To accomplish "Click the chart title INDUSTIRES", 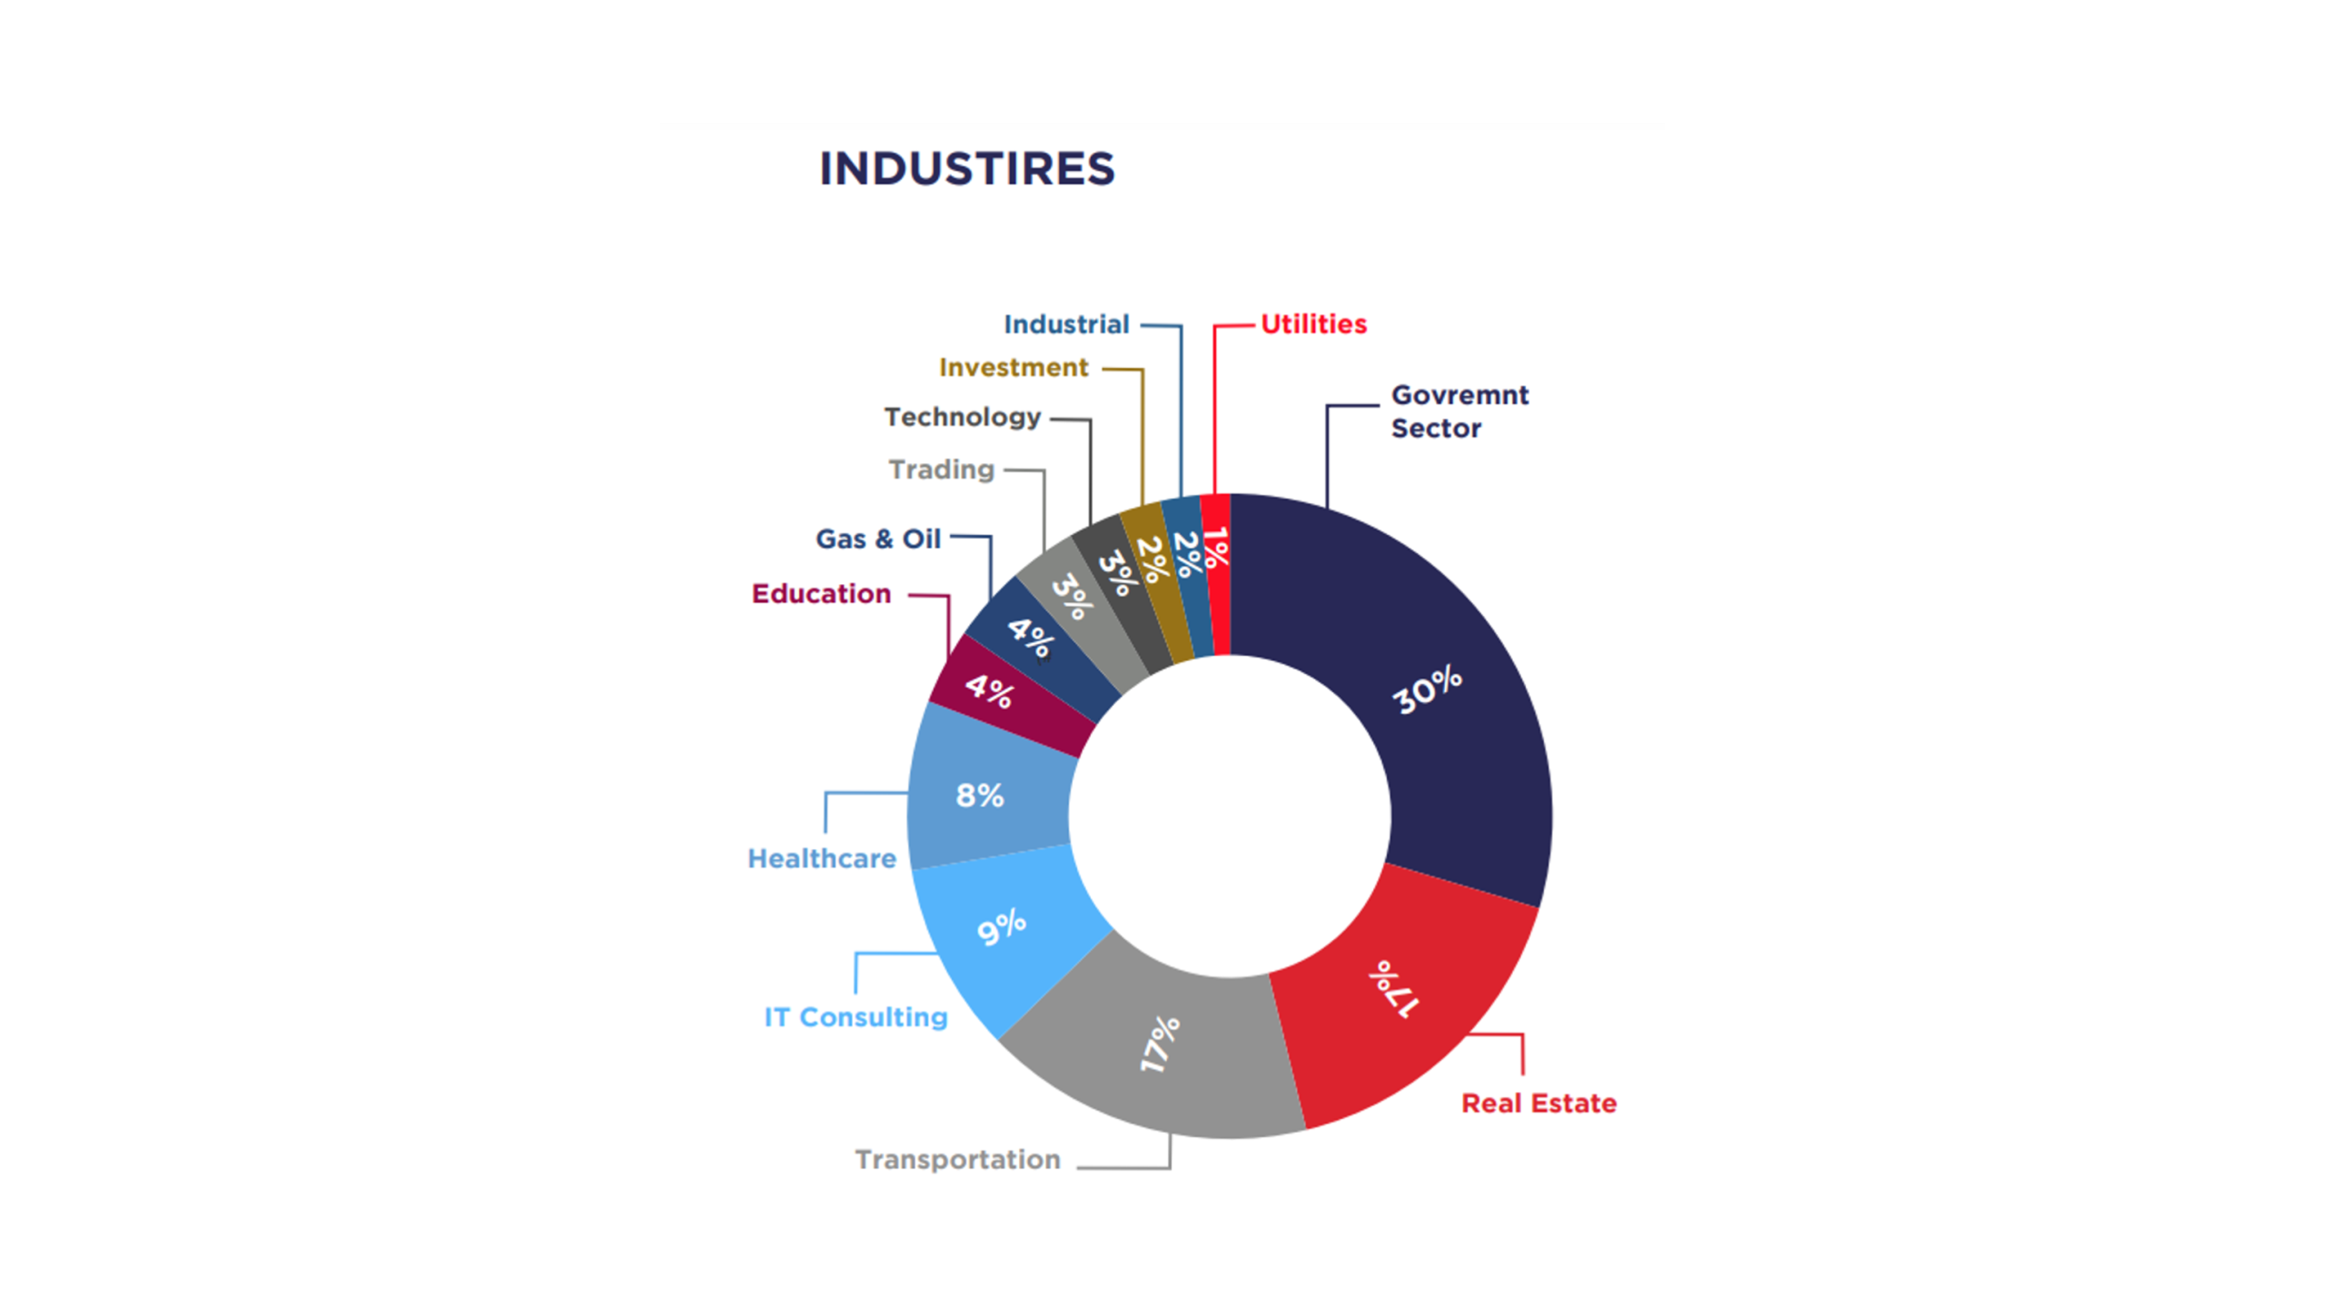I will tap(966, 169).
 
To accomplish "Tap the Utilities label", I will tap(1313, 324).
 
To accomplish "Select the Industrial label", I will tap(1066, 324).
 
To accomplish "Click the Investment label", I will tap(1013, 368).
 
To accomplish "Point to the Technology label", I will tap(962, 417).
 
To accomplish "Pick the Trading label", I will tap(941, 470).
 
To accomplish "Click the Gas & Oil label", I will tap(877, 539).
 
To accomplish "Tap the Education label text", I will tap(821, 594).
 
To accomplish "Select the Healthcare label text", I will tap(821, 858).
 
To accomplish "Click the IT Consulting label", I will tap(856, 1017).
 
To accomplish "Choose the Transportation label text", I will tap(957, 1160).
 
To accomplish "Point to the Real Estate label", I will tap(1538, 1104).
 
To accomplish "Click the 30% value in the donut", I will tap(1427, 689).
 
